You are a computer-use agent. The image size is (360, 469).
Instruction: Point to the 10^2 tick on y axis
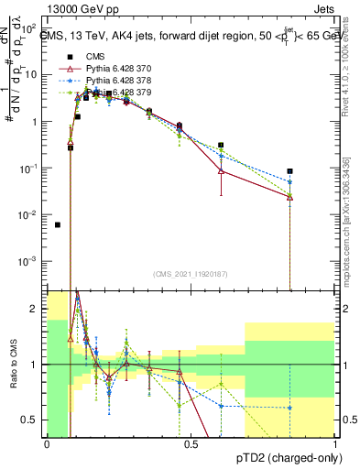pyautogui.click(x=29, y=28)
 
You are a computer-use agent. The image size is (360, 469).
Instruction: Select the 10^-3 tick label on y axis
pyautogui.click(x=27, y=261)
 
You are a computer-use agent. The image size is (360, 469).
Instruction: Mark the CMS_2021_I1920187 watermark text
pyautogui.click(x=191, y=274)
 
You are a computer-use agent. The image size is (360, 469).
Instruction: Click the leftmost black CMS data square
pyautogui.click(x=58, y=224)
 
